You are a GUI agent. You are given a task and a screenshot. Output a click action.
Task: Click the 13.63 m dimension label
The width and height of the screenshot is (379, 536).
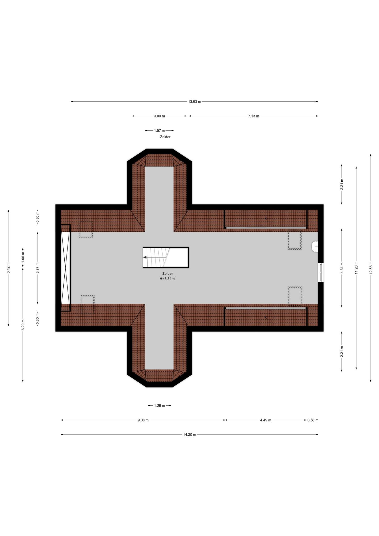(194, 102)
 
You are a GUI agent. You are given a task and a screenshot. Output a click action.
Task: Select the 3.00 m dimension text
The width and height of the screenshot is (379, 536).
(159, 116)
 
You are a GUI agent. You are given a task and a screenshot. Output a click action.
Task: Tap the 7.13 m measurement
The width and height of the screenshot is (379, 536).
(253, 116)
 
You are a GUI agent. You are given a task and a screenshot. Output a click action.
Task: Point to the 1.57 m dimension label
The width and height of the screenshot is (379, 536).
(159, 130)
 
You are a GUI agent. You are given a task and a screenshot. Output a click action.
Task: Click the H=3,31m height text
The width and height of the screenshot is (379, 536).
(167, 279)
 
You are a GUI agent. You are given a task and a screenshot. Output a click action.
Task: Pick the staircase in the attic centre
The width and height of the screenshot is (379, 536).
(166, 258)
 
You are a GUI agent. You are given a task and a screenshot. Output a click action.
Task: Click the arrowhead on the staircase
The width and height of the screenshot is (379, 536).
(145, 258)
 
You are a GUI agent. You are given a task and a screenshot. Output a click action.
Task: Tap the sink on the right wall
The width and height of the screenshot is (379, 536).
(315, 247)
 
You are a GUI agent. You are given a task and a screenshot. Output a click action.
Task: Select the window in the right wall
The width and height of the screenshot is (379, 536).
(321, 272)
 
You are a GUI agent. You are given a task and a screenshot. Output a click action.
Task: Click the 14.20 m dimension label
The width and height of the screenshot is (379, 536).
(189, 434)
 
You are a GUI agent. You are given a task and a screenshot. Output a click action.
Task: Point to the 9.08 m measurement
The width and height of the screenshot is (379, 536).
(143, 420)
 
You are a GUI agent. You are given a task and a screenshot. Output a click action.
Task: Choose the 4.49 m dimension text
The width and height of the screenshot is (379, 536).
(266, 420)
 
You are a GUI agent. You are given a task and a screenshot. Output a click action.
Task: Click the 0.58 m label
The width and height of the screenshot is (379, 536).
(313, 420)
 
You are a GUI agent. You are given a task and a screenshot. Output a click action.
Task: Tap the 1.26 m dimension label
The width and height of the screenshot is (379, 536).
(159, 406)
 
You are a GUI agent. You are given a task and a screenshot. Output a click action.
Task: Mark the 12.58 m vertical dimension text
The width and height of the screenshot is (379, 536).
(371, 268)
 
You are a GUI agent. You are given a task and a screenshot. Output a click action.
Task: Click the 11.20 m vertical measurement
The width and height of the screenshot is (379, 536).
(356, 268)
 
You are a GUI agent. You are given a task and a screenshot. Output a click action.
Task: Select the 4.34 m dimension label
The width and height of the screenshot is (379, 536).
(342, 268)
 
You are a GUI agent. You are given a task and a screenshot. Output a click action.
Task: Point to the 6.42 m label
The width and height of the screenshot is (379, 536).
(8, 268)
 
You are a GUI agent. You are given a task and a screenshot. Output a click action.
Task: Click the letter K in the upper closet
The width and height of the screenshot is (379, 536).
(265, 218)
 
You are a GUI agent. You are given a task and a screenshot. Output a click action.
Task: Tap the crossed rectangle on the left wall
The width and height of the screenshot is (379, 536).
(66, 268)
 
